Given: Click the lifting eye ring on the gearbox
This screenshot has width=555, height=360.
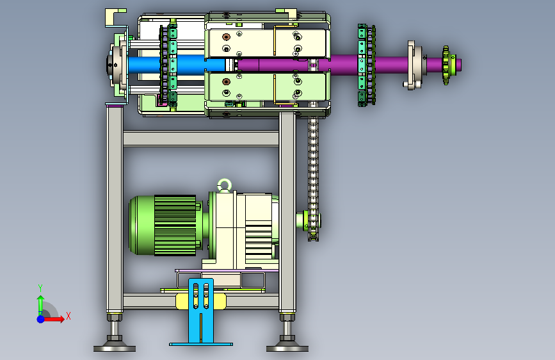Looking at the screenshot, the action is coord(224,181).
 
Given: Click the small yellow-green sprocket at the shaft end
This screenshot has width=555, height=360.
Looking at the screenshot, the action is coord(446,65).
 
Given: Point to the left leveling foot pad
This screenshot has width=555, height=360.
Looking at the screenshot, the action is coord(115,348).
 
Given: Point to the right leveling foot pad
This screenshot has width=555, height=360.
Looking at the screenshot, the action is coord(287,348).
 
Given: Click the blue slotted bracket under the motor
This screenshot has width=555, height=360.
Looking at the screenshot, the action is coord(201,312).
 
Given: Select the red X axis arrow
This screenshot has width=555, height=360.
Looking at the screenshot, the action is coord(53,319).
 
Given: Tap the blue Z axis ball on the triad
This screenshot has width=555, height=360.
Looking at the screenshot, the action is coord(40,319).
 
